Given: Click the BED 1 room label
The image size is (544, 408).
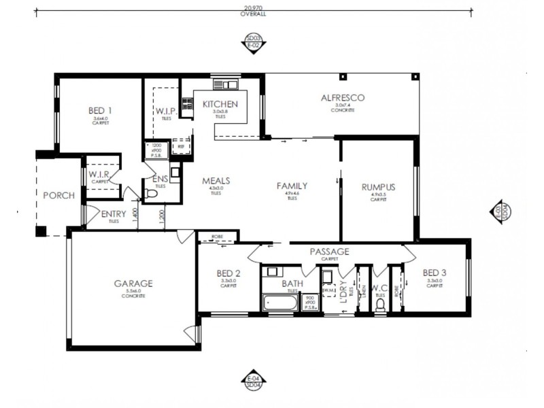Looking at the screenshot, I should (100, 110).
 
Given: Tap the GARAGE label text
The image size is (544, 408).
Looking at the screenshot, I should (133, 284).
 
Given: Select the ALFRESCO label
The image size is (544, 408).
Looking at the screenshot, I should (343, 98).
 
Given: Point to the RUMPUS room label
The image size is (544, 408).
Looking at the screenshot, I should (379, 187).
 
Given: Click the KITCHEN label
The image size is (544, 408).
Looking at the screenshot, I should (220, 104).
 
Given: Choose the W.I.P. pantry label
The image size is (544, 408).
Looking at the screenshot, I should (166, 111).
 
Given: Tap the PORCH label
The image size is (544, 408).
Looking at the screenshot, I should (58, 195).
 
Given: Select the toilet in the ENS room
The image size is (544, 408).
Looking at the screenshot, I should (152, 195).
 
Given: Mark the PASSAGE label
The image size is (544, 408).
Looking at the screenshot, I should (329, 252).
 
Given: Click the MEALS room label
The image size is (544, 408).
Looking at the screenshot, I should (216, 181).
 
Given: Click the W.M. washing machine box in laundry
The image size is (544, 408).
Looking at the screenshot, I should (328, 291).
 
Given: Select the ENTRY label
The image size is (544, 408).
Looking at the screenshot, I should (113, 214).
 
